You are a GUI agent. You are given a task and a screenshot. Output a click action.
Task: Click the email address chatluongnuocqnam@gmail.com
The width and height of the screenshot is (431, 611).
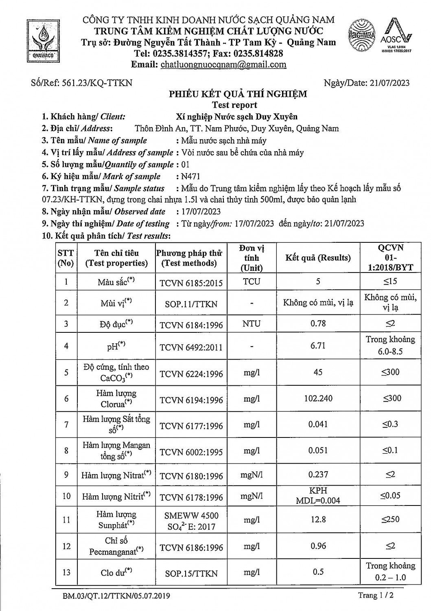pyautogui.click(x=223, y=64)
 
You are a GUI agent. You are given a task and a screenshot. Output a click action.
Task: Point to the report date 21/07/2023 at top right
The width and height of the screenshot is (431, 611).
pyautogui.click(x=389, y=83)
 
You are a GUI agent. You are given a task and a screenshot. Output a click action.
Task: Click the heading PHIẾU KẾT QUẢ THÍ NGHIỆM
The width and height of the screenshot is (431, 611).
pyautogui.click(x=238, y=94)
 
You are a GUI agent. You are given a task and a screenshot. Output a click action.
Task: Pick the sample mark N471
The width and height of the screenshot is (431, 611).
pyautogui.click(x=191, y=176)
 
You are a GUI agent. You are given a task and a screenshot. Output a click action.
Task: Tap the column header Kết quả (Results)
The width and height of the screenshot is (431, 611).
pyautogui.click(x=318, y=257)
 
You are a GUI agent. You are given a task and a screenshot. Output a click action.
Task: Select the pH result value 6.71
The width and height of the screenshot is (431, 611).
pyautogui.click(x=318, y=346)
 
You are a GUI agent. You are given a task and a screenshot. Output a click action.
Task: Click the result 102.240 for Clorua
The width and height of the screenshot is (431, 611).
pyautogui.click(x=318, y=398)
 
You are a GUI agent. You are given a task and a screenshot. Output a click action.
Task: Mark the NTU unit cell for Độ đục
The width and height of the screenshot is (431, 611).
pyautogui.click(x=252, y=324)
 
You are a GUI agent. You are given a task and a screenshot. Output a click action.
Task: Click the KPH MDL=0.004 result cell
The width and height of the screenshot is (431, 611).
pyautogui.click(x=318, y=496)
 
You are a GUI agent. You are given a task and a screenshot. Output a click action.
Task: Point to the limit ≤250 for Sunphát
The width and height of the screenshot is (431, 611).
pyautogui.click(x=390, y=519)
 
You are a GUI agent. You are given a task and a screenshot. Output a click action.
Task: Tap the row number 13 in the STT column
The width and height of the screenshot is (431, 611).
pyautogui.click(x=66, y=572)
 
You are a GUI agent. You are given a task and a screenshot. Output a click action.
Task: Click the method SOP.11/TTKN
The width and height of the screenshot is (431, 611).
pyautogui.click(x=191, y=304)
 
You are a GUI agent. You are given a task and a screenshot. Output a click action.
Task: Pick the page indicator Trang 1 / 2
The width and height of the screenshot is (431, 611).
pyautogui.click(x=375, y=596)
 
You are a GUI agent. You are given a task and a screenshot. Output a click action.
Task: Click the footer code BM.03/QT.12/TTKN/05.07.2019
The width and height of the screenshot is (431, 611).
pyautogui.click(x=116, y=596)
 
